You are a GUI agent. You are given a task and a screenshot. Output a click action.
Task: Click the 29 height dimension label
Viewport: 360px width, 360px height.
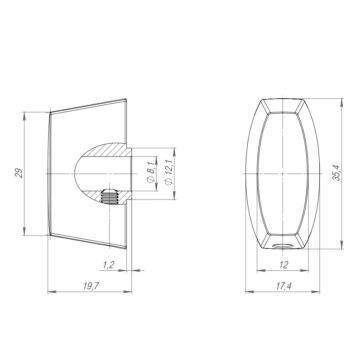coord(20,173)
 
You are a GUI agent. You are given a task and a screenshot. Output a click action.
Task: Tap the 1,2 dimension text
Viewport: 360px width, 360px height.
coord(109,265)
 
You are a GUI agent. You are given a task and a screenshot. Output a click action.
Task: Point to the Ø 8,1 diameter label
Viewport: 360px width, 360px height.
coord(151,173)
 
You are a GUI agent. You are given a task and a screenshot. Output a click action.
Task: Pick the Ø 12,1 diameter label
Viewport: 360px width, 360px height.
coord(169,173)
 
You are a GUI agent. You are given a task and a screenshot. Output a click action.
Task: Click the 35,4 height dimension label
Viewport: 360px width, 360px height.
coord(337,173)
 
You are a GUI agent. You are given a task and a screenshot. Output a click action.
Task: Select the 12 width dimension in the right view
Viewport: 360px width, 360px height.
coord(283,265)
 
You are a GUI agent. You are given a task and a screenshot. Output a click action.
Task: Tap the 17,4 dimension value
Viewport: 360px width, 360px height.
coord(283,286)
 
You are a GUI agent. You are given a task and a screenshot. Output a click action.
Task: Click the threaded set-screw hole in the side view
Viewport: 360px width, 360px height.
coord(109,196)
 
